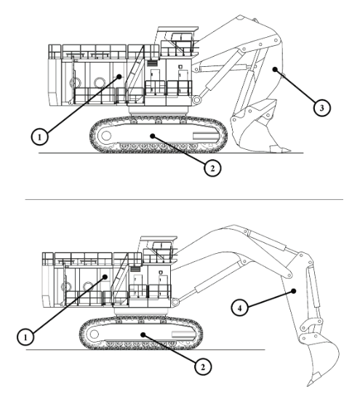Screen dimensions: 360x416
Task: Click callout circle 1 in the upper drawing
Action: click(x=40, y=137)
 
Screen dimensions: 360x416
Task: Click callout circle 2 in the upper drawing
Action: click(x=212, y=168)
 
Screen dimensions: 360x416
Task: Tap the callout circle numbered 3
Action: click(x=321, y=108)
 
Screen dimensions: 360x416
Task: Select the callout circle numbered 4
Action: click(x=239, y=308)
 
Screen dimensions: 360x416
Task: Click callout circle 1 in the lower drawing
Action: click(x=25, y=337)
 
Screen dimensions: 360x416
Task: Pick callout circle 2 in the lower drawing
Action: click(x=203, y=367)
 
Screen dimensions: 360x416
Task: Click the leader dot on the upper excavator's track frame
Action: click(x=152, y=136)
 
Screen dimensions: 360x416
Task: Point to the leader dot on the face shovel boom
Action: click(x=275, y=70)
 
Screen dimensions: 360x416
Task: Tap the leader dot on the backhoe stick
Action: click(x=293, y=291)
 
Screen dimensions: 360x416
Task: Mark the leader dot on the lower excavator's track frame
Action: click(x=143, y=335)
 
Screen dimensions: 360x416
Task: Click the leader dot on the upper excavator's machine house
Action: click(x=119, y=76)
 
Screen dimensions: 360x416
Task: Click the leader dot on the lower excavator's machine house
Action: click(x=105, y=277)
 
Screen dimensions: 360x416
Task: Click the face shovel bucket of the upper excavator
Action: click(x=255, y=130)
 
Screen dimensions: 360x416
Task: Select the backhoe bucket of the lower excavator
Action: click(x=321, y=358)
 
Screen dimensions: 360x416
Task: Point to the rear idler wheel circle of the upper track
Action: click(x=106, y=135)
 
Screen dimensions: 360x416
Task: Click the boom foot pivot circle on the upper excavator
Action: click(x=196, y=100)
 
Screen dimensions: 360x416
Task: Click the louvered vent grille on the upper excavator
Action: click(x=152, y=63)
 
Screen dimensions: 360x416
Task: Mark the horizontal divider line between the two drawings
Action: click(x=184, y=199)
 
